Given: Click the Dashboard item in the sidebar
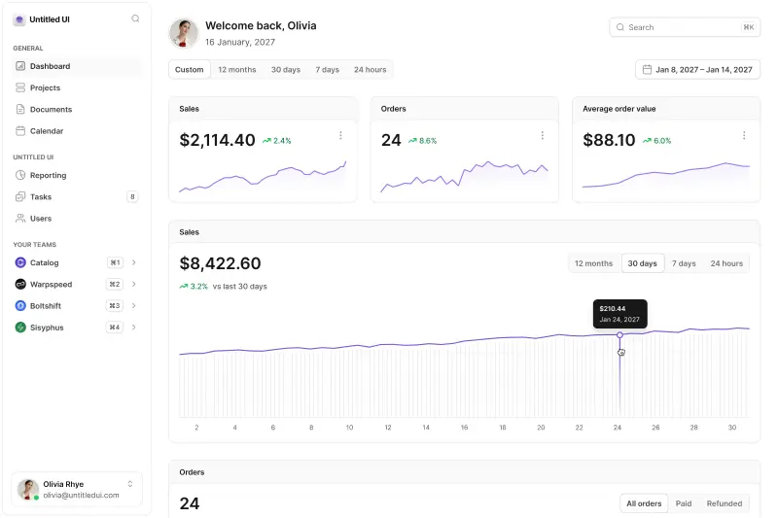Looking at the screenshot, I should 50,66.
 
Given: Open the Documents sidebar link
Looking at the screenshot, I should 51,110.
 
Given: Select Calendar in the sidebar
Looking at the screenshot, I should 47,131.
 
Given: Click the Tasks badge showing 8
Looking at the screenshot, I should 132,197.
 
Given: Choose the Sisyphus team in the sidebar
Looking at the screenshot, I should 47,328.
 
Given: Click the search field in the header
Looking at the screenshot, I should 685,27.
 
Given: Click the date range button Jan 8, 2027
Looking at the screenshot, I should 697,70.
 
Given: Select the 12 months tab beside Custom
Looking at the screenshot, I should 237,70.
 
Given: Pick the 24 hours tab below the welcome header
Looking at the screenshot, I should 370,70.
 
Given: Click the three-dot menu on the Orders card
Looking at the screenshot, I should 542,135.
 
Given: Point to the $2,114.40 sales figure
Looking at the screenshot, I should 218,140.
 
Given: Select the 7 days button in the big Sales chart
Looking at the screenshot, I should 685,263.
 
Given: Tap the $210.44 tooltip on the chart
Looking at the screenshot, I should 619,314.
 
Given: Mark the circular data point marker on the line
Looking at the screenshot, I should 619,335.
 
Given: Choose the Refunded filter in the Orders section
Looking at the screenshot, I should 725,503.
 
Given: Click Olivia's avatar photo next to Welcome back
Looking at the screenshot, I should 184,33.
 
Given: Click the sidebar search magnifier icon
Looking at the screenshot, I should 135,18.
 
